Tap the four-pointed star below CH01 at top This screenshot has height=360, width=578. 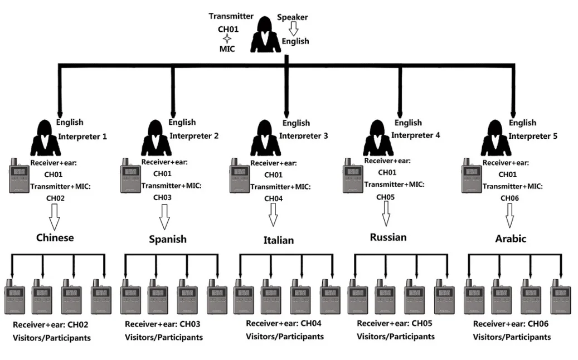pos(227,38)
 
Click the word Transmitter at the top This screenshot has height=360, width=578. pos(231,16)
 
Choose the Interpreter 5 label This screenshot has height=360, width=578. pos(533,135)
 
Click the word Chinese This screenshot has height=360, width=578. pos(55,238)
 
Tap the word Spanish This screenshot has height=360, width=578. pos(167,240)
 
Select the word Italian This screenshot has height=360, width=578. pos(278,241)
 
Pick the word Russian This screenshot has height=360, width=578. pos(388,237)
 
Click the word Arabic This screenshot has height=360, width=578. pos(511,239)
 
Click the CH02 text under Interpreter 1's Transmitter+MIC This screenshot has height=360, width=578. pos(54,197)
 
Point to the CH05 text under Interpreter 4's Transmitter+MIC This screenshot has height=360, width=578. pos(385,197)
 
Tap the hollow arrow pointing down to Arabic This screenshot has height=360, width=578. pos(509,213)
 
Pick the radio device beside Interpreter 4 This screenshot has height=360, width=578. pos(352,175)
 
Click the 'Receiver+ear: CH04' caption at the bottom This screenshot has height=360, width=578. pos(284,323)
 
